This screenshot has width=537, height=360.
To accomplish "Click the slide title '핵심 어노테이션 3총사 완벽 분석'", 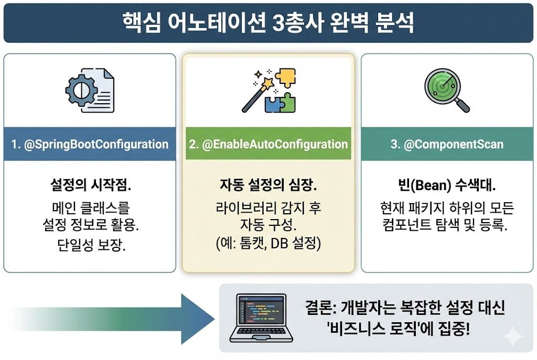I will click(x=268, y=23).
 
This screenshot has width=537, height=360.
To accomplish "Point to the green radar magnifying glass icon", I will click(x=446, y=90).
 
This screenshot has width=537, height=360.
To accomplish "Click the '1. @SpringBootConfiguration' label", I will click(x=90, y=144).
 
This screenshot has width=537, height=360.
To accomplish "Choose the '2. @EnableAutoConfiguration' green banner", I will click(x=268, y=144).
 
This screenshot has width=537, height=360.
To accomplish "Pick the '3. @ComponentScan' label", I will click(x=446, y=144).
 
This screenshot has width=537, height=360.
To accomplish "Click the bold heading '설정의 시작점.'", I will click(x=90, y=186).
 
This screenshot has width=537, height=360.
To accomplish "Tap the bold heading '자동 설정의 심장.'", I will click(x=268, y=186).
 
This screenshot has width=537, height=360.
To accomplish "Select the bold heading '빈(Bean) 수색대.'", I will click(x=446, y=186).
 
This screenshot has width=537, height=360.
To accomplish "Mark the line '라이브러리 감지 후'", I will click(x=268, y=208).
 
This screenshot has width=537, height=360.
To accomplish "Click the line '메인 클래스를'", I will click(x=90, y=208).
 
